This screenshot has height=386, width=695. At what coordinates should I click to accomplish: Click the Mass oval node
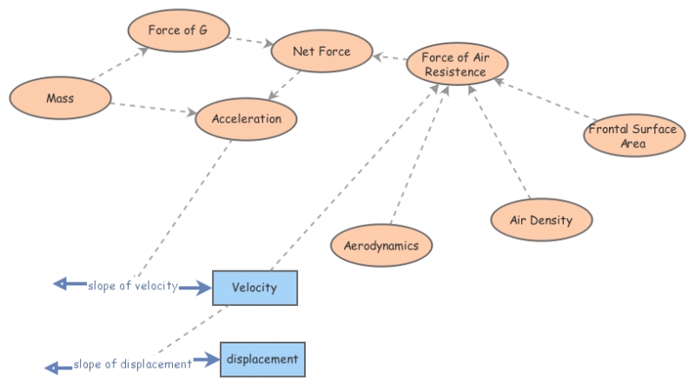click(x=60, y=99)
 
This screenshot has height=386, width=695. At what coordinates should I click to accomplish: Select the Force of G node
click(x=177, y=30)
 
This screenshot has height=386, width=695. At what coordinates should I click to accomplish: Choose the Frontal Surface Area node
click(x=633, y=136)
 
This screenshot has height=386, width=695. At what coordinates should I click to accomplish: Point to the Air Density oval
click(x=541, y=220)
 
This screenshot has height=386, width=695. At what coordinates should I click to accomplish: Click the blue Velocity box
click(x=255, y=288)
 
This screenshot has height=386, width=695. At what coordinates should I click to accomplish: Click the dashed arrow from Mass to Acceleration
click(x=151, y=108)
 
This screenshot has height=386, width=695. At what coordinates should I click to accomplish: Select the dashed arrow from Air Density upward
click(x=500, y=143)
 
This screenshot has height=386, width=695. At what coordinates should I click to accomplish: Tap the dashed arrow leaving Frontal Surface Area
click(x=547, y=101)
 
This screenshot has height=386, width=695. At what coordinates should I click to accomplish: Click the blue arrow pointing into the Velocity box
click(x=195, y=287)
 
